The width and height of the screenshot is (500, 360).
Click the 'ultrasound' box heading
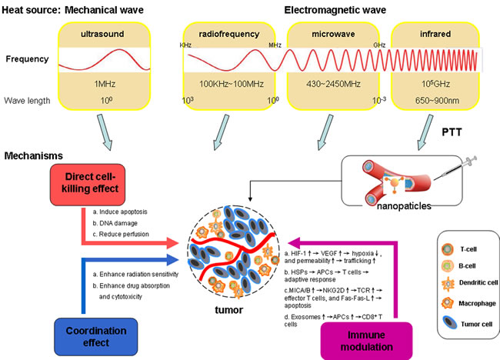coord(101,33)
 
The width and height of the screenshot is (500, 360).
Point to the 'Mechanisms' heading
coord(34,155)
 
